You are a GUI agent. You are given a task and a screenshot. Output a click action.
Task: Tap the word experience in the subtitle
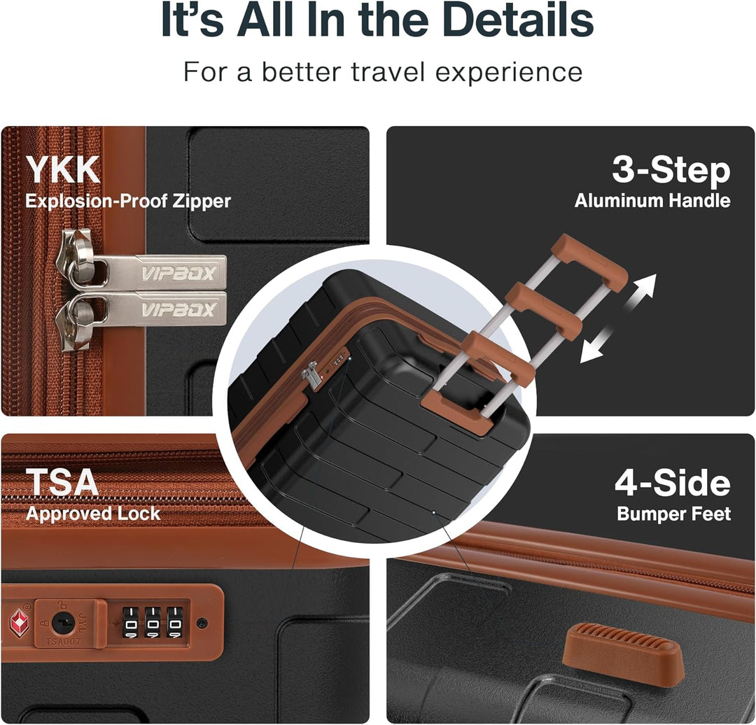(x=509, y=72)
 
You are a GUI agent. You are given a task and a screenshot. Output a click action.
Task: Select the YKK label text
(x=63, y=169)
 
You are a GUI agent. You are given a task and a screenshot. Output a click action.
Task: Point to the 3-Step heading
(x=671, y=171)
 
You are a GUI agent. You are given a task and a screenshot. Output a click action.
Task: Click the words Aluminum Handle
(x=652, y=201)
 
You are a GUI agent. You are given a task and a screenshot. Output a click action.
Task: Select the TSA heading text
(x=62, y=481)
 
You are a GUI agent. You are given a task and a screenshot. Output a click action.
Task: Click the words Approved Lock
(x=93, y=514)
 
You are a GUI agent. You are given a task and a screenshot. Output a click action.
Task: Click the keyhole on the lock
(x=62, y=623)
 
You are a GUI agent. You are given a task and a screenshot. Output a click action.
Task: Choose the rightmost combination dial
(x=175, y=623)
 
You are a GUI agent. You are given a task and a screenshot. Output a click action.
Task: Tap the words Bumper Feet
(x=674, y=514)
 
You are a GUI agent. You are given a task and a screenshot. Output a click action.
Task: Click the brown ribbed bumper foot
(x=624, y=650)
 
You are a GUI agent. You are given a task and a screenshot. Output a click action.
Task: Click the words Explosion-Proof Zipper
(x=128, y=201)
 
